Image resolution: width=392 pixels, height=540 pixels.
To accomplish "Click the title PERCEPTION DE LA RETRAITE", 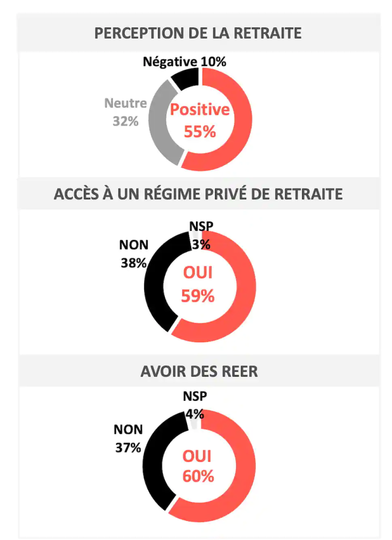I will click(x=198, y=33).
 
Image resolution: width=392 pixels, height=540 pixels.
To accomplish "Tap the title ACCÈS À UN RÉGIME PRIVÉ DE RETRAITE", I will click(x=198, y=194).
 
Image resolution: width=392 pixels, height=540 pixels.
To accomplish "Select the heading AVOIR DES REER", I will click(x=199, y=371).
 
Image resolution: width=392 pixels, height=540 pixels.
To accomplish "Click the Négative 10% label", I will click(x=184, y=62).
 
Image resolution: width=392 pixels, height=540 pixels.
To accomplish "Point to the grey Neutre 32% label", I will click(x=125, y=112).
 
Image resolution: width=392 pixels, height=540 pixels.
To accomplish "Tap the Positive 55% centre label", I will click(x=200, y=120).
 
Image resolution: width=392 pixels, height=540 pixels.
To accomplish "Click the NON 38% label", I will click(x=133, y=254).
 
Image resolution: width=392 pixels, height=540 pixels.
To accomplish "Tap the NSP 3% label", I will click(x=200, y=236).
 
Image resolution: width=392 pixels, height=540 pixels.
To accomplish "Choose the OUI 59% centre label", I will click(x=198, y=285).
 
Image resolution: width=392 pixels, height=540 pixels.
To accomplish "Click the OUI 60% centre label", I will click(x=198, y=466).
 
